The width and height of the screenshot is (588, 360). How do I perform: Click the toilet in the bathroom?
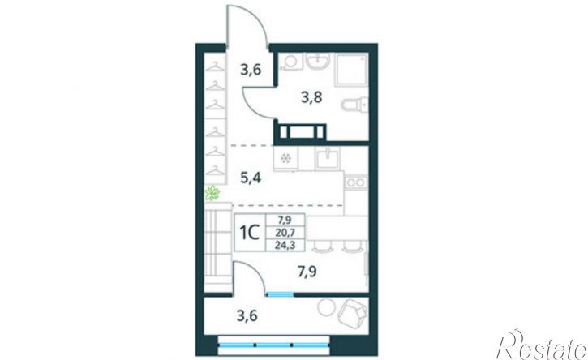click(354, 105)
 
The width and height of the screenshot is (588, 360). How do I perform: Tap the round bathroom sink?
click(318, 61)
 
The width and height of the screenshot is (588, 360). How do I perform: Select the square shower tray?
click(351, 70)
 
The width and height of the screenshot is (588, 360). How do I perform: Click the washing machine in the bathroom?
click(290, 62)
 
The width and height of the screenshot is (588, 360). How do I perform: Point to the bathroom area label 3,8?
click(311, 97)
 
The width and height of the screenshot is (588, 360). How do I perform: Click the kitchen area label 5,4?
click(251, 178)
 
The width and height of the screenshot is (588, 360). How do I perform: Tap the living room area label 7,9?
click(307, 271)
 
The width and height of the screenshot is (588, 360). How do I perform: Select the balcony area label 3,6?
click(247, 315)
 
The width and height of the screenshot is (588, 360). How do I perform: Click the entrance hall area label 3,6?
click(251, 70)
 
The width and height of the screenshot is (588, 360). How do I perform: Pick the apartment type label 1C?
click(250, 233)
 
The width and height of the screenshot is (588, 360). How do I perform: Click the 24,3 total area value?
click(285, 245)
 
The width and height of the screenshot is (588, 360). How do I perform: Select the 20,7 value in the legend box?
click(285, 233)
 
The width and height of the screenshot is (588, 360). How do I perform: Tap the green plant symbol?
click(212, 193)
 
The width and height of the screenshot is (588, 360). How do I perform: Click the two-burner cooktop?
click(355, 182)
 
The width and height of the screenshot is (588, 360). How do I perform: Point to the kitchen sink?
click(328, 158)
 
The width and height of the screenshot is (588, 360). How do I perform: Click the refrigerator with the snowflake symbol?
click(285, 158)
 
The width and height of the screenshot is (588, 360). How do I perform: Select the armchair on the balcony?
click(353, 312)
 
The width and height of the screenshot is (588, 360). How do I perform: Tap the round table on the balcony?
click(326, 307)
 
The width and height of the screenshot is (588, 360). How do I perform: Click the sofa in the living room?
click(218, 247)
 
